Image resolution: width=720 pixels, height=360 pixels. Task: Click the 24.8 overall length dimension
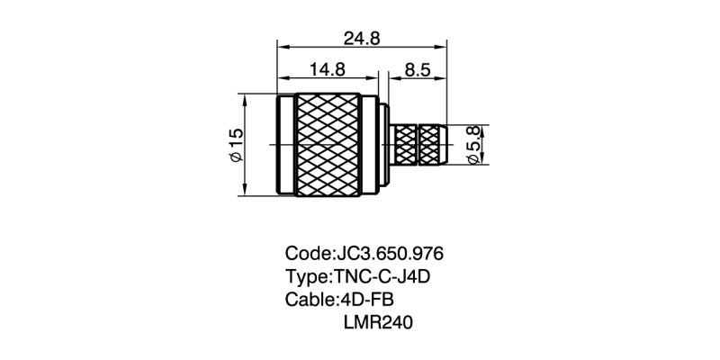coord(362,38)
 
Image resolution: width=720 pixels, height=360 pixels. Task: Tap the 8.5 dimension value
coord(417,69)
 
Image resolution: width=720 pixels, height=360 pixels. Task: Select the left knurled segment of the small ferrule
coord(407,145)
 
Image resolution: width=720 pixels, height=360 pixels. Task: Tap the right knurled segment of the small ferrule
coord(433,145)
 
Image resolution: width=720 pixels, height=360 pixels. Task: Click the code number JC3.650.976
coord(390,253)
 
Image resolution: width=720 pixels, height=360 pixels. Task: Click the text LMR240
coord(377,321)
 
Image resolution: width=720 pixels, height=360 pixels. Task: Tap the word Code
coord(307,253)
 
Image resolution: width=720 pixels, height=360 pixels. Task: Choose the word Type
coord(306,276)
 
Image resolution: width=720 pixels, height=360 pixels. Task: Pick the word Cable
coord(309,299)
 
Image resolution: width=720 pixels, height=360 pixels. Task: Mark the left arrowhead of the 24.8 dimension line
coord(281,47)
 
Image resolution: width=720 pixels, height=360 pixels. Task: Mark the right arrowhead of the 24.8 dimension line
coord(443,47)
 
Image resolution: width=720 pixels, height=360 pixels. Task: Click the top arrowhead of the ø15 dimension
coord(245,96)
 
